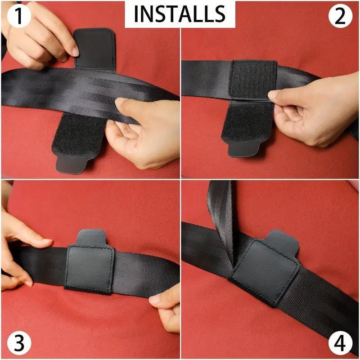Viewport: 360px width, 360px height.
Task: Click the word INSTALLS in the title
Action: pos(180,14)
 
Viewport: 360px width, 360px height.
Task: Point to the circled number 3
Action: pos(17,343)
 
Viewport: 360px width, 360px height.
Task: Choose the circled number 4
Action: pos(343,343)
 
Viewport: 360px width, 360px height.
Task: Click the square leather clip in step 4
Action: pos(265,274)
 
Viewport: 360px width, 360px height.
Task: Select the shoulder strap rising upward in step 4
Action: pos(223,211)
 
